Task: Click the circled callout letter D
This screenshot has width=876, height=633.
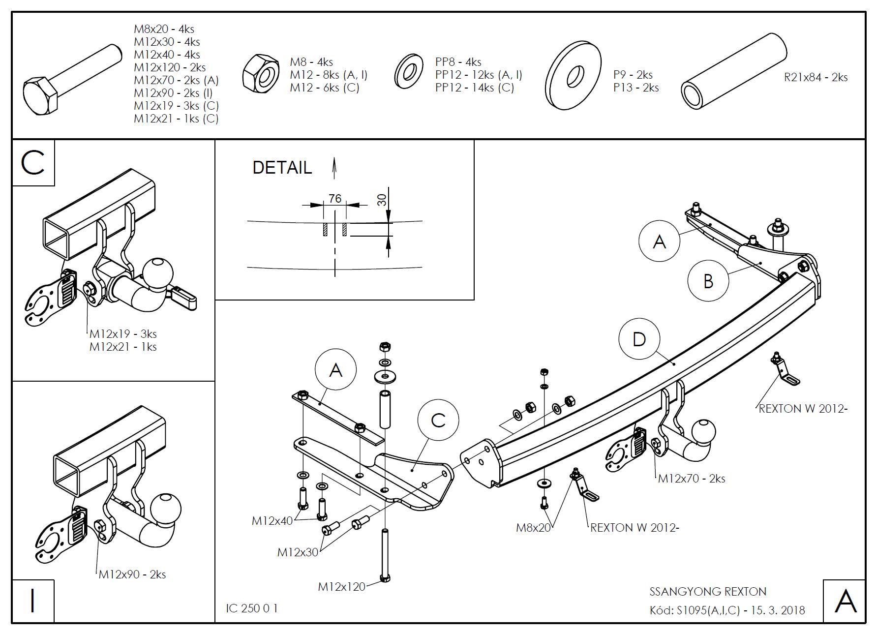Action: [639, 339]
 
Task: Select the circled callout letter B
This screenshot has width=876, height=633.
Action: [708, 281]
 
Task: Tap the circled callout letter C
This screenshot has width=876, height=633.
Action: [438, 421]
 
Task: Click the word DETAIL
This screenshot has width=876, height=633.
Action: [282, 168]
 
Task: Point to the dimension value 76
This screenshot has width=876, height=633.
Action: [335, 198]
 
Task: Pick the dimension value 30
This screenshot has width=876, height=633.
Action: [382, 199]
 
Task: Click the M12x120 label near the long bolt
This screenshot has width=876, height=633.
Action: [341, 586]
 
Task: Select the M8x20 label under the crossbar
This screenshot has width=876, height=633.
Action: [533, 528]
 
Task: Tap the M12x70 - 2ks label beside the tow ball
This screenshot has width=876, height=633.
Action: [691, 478]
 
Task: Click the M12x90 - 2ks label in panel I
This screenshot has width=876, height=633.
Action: [132, 574]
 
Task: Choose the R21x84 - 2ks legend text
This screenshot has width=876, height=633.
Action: [816, 77]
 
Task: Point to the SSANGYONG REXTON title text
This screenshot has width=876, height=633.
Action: [708, 591]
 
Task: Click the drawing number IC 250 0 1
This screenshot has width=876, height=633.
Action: [252, 608]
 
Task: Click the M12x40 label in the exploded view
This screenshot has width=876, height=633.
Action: [272, 520]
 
